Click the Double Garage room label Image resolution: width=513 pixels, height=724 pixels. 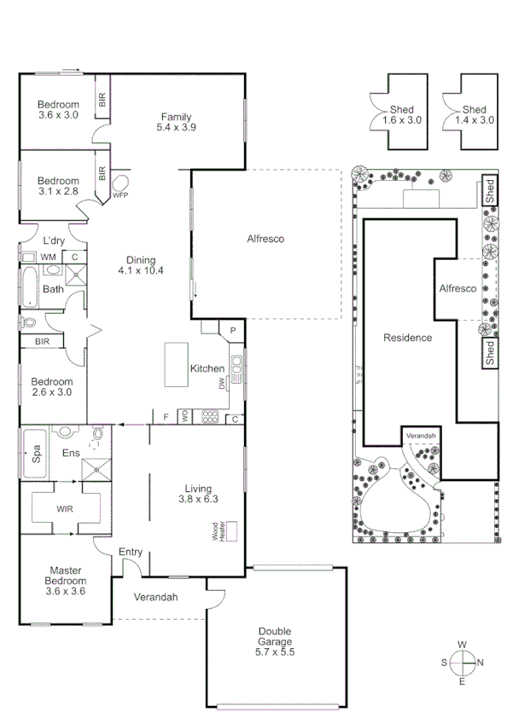(x=275, y=642)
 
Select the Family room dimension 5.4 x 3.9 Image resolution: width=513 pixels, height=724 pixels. (x=177, y=128)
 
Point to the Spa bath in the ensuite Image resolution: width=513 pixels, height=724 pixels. (x=35, y=452)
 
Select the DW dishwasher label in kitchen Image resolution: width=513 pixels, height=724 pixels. (x=221, y=385)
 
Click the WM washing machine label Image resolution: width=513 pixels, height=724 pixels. (x=48, y=257)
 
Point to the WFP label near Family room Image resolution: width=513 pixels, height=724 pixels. (x=120, y=195)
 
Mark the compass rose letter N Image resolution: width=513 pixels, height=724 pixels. (x=481, y=663)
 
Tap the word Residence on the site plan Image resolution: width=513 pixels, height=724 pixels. (x=407, y=338)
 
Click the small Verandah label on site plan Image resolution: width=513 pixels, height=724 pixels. (x=421, y=436)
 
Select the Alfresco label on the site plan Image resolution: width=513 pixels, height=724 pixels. (x=458, y=289)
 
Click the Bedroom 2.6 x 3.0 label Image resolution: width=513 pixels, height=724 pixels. (x=53, y=387)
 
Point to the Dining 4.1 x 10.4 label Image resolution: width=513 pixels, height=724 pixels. (x=141, y=265)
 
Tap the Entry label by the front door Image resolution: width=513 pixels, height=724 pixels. (x=131, y=552)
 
